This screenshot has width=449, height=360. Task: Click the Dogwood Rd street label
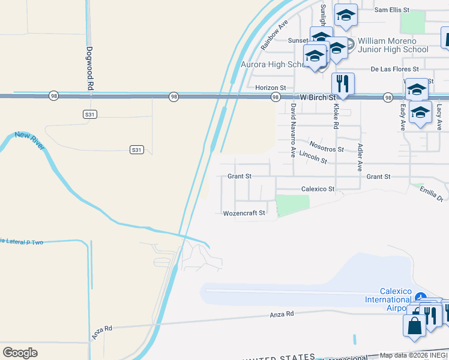point(89,68)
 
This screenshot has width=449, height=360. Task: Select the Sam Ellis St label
point(391,10)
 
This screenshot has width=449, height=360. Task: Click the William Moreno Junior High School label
point(393,46)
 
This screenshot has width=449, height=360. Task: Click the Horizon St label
point(270,88)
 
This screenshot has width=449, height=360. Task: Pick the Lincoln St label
point(313,157)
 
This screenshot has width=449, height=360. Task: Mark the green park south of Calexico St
point(293,205)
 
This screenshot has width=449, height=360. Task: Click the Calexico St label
point(318,189)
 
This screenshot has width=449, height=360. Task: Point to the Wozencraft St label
point(244,213)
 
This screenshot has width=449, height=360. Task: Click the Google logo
point(20,353)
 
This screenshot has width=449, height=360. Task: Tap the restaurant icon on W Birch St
point(343,84)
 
